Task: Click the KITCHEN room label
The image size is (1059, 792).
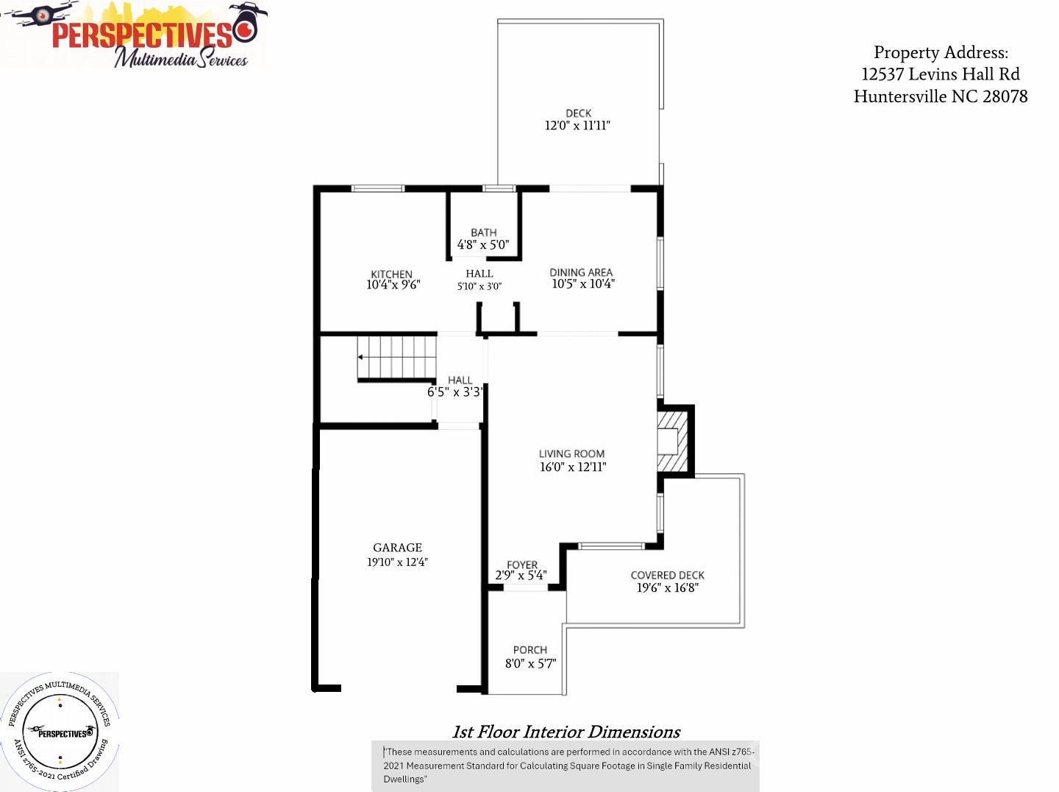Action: [391, 274]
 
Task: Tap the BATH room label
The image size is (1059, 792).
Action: [483, 232]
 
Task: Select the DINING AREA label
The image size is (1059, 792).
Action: [581, 272]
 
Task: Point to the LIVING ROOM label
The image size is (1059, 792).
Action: [571, 453]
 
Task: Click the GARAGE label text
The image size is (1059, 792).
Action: [397, 548]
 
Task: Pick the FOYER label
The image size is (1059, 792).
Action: [522, 565]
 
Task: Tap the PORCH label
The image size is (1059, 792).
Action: [529, 650]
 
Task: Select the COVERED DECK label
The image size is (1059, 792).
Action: [667, 575]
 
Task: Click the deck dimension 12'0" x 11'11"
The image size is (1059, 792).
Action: [577, 126]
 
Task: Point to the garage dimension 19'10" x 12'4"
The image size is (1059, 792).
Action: [397, 562]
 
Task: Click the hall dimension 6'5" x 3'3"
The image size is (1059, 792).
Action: [455, 392]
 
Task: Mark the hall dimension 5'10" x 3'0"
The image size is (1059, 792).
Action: [479, 286]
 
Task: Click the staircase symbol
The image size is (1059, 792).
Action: [397, 358]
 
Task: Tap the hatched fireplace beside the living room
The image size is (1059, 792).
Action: [671, 441]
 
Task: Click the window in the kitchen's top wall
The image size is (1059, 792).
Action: [377, 188]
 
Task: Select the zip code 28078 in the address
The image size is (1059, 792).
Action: [1005, 96]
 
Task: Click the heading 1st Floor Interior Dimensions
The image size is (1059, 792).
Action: [566, 732]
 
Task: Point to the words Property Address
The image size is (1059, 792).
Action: [941, 52]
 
